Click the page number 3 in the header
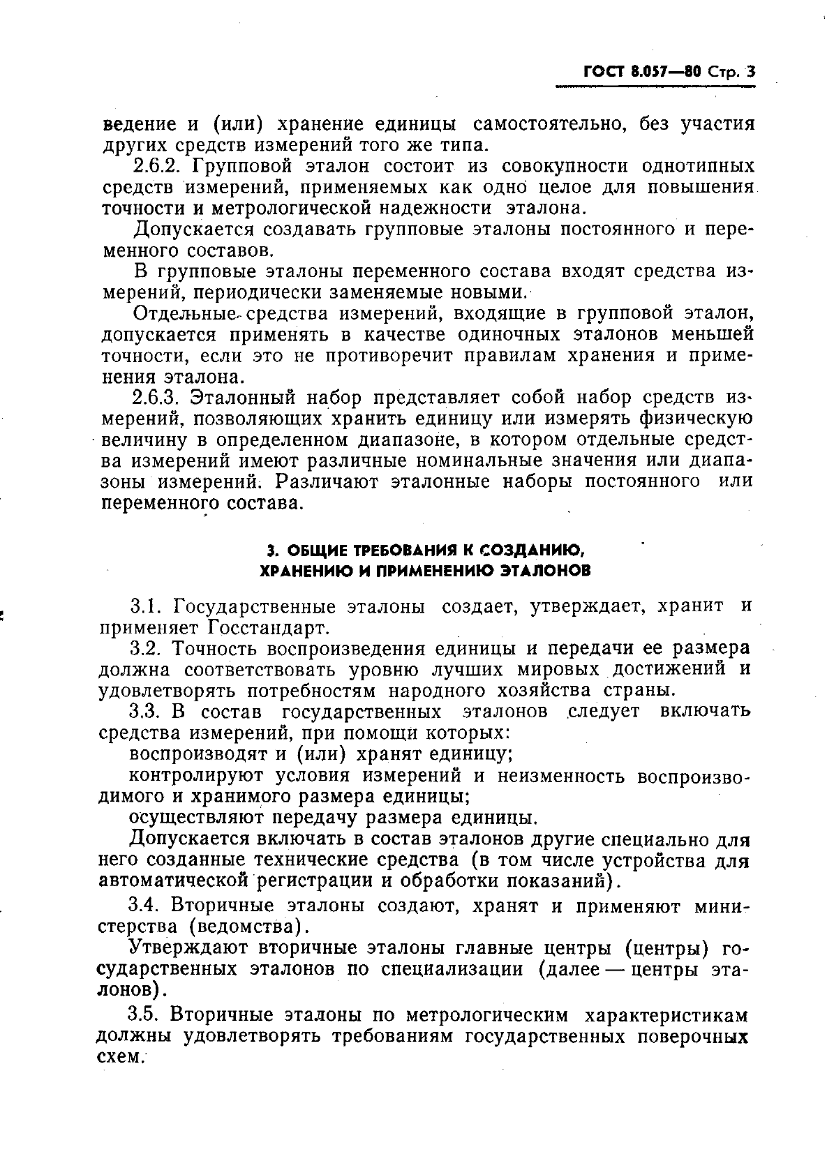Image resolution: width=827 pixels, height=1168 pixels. (750, 71)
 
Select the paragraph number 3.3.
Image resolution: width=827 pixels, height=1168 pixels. (146, 712)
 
